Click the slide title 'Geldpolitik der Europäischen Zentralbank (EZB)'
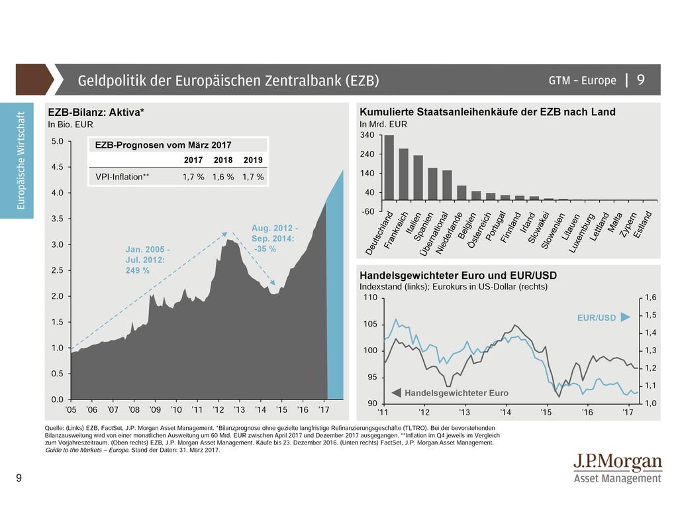228,81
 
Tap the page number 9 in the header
641,80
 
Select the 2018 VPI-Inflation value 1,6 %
223,177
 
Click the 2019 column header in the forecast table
253,160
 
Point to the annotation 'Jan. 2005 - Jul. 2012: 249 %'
148,260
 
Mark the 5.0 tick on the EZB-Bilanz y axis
57,141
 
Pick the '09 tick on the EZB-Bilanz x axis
155,411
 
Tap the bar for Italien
418,178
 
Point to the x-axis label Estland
642,225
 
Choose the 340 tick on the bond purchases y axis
367,135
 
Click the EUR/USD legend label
597,318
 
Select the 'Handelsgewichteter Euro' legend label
456,393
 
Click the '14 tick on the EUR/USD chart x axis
505,413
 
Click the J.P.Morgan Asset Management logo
617,468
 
